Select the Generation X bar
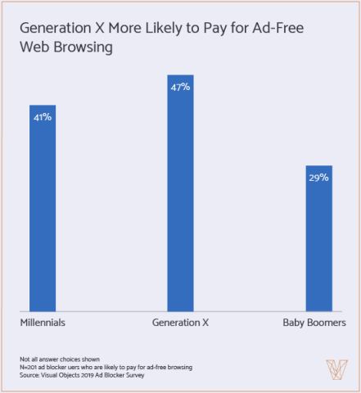pos(180,192)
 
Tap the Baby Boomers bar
pos(318,237)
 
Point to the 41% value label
pos(43,117)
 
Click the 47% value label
pos(180,86)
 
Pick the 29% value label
pos(318,177)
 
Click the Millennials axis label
pos(43,323)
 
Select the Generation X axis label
pos(180,323)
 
